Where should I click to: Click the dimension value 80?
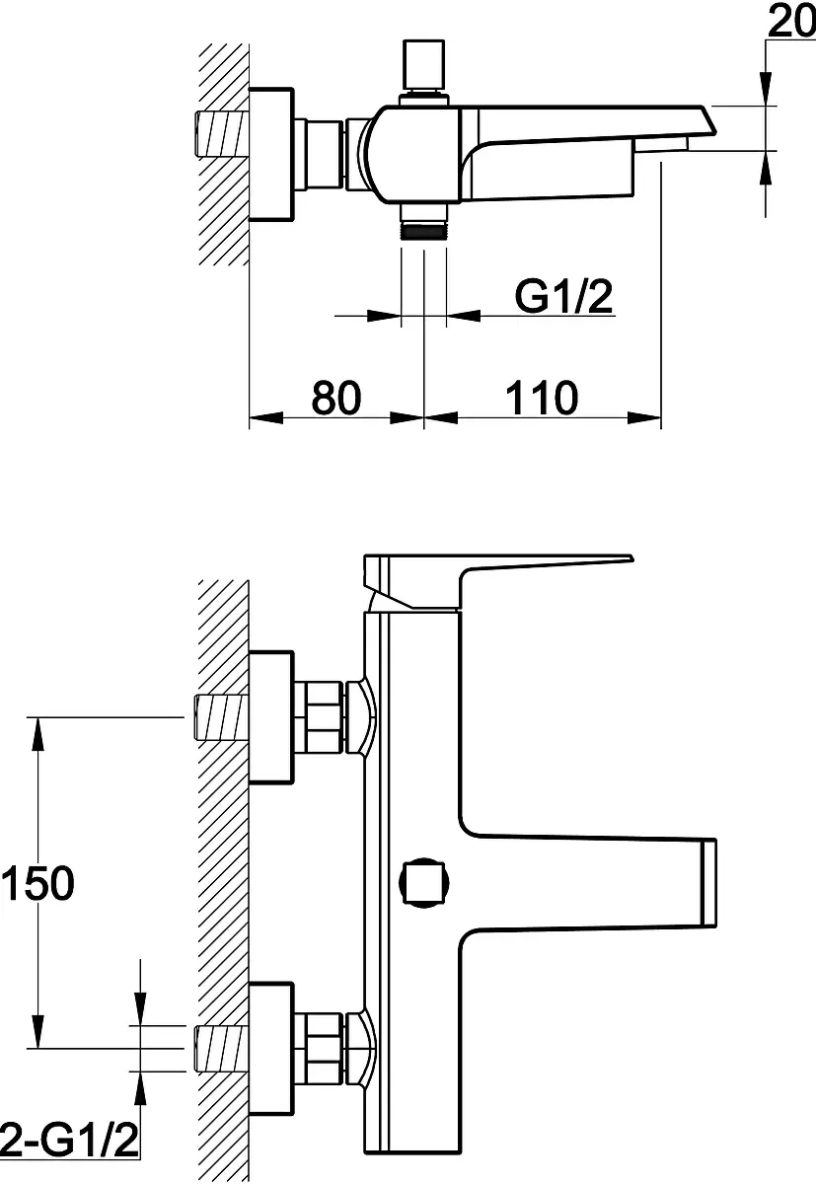click(x=336, y=397)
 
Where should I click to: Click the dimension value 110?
click(x=542, y=397)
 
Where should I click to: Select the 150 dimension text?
click(x=38, y=883)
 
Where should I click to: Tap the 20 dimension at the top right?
click(x=791, y=21)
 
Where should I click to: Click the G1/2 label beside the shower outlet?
click(x=563, y=297)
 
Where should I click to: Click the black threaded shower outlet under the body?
click(x=424, y=232)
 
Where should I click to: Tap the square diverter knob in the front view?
click(x=424, y=883)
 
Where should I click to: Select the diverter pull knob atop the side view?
click(x=424, y=64)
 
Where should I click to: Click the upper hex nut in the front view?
click(x=318, y=716)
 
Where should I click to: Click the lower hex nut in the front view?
click(x=318, y=1048)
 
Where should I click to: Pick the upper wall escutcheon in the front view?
click(x=270, y=716)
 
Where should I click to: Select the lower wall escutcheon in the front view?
click(x=270, y=1049)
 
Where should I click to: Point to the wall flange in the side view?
click(x=270, y=154)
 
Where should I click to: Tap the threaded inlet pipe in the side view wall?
click(x=222, y=134)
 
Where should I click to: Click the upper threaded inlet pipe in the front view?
click(x=222, y=717)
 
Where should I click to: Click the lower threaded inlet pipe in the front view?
click(x=222, y=1049)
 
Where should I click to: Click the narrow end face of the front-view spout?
click(x=708, y=883)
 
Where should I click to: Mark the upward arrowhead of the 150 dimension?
click(x=37, y=734)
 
